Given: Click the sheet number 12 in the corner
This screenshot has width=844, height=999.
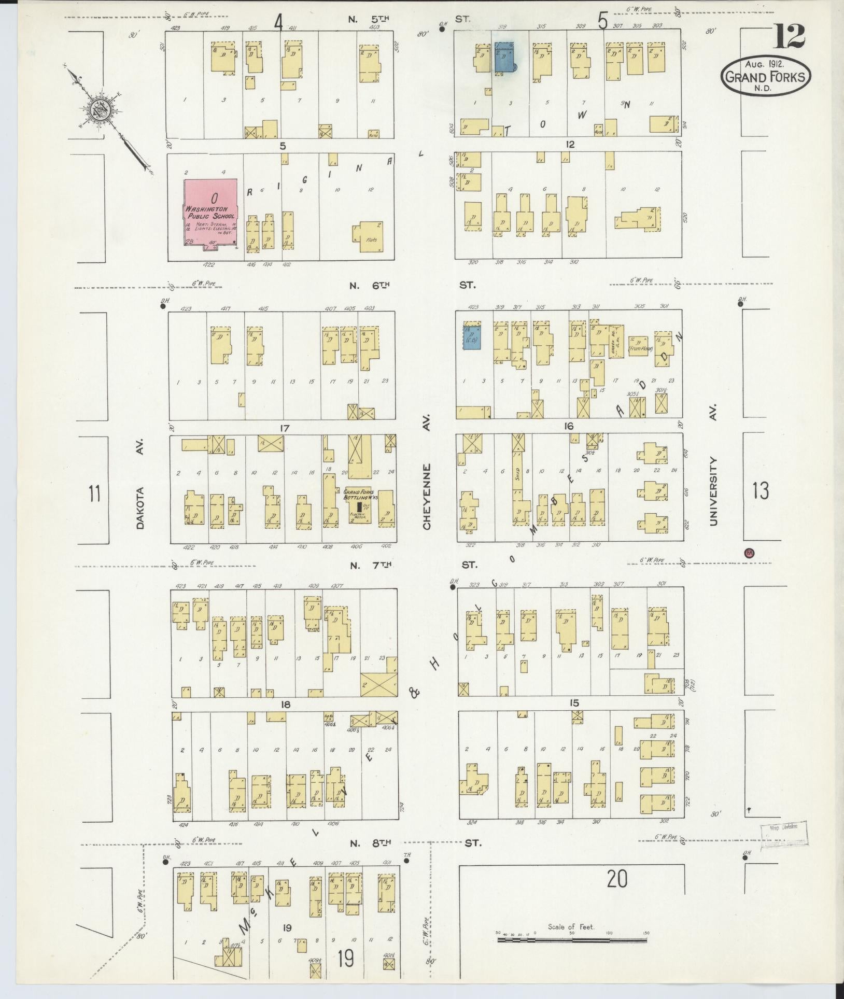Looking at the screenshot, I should tap(790, 36).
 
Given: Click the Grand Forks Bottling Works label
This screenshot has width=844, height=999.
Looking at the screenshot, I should tap(359, 494).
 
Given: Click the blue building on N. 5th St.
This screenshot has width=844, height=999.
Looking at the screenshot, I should tap(504, 58).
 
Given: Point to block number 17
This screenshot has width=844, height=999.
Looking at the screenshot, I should tap(284, 428).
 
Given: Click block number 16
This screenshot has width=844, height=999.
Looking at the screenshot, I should tap(569, 426).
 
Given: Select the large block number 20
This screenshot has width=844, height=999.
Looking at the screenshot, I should tap(616, 879).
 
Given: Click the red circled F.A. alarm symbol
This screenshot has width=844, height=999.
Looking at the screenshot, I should tap(749, 553).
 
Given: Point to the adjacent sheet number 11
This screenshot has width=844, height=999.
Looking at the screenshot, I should tap(94, 493).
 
